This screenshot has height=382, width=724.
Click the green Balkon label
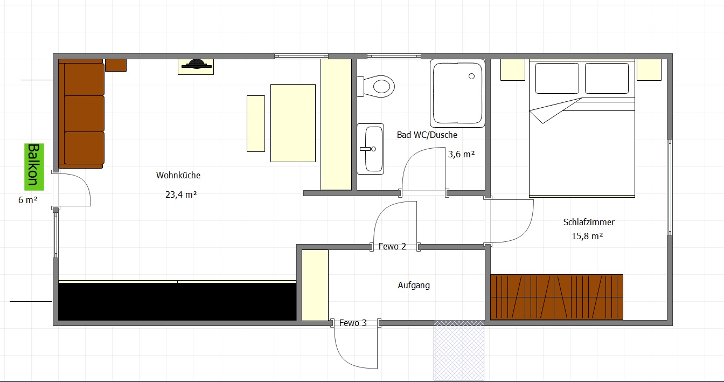tap(34, 167)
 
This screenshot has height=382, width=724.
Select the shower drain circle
tap(471, 77)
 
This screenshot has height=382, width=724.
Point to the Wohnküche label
tap(178, 175)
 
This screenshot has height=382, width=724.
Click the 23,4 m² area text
tap(181, 195)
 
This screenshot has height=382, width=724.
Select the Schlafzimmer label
tap(589, 222)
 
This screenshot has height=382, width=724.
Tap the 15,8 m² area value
tap(587, 236)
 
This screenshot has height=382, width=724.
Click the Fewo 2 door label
tap(392, 246)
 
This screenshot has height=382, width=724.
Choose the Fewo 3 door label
tap(353, 323)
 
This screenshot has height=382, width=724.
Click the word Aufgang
tap(414, 286)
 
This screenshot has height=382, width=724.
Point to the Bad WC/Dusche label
tap(427, 135)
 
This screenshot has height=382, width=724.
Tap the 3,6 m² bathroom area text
tap(461, 154)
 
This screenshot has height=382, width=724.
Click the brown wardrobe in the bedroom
tap(556, 297)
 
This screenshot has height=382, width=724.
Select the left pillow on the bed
tap(557, 78)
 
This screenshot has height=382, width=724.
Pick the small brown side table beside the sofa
tap(116, 65)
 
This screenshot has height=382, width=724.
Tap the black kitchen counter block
tap(177, 302)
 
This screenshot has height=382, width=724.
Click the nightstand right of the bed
tap(649, 70)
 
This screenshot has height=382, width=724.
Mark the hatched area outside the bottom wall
tap(459, 350)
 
